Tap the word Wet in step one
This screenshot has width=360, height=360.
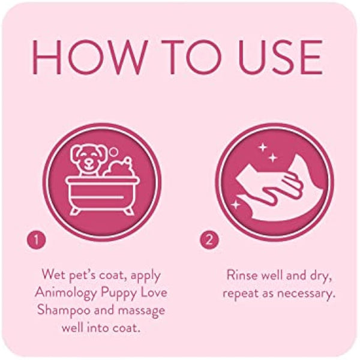point(53,275)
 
